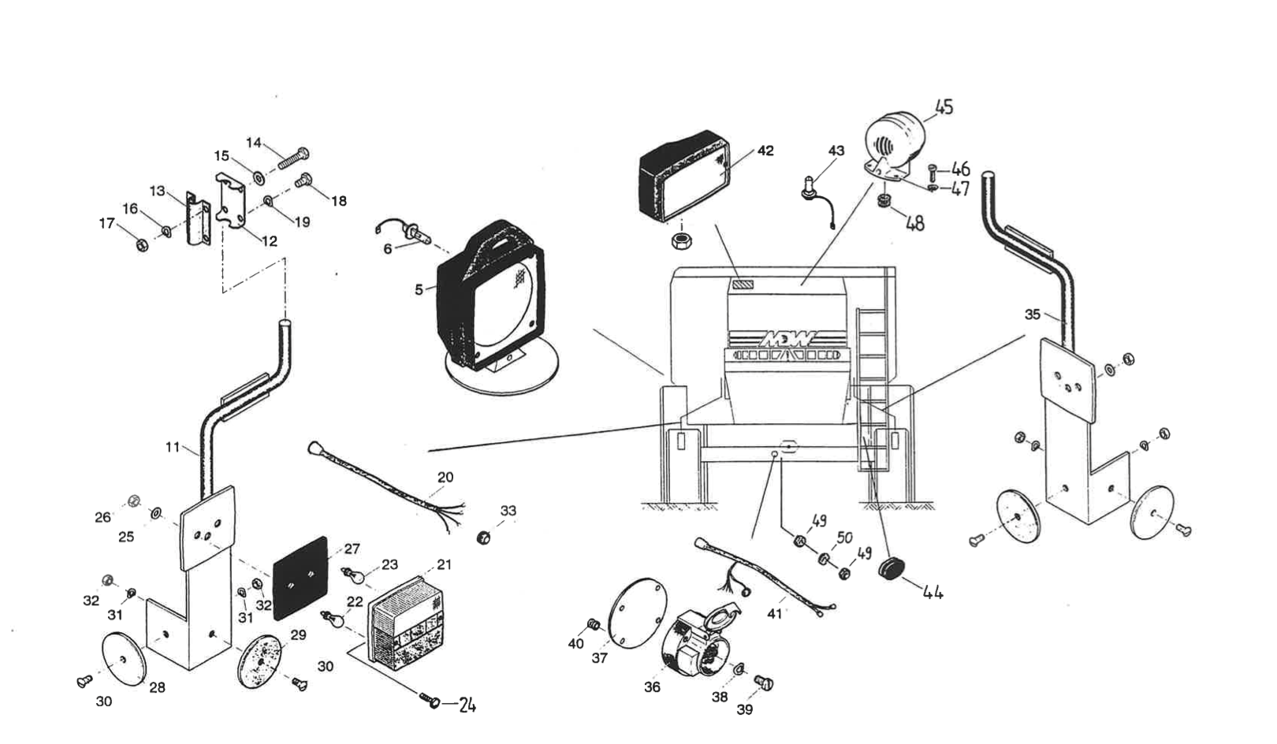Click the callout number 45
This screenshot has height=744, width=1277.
(x=944, y=106)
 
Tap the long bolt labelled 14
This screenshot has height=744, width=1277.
(x=294, y=159)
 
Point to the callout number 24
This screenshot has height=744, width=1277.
(x=467, y=705)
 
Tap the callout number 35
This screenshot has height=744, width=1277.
(x=1033, y=314)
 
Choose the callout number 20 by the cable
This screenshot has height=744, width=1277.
(x=445, y=478)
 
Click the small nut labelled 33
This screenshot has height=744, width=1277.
(x=485, y=538)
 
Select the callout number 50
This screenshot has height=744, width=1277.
(x=844, y=538)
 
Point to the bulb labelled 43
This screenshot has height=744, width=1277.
(x=810, y=186)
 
